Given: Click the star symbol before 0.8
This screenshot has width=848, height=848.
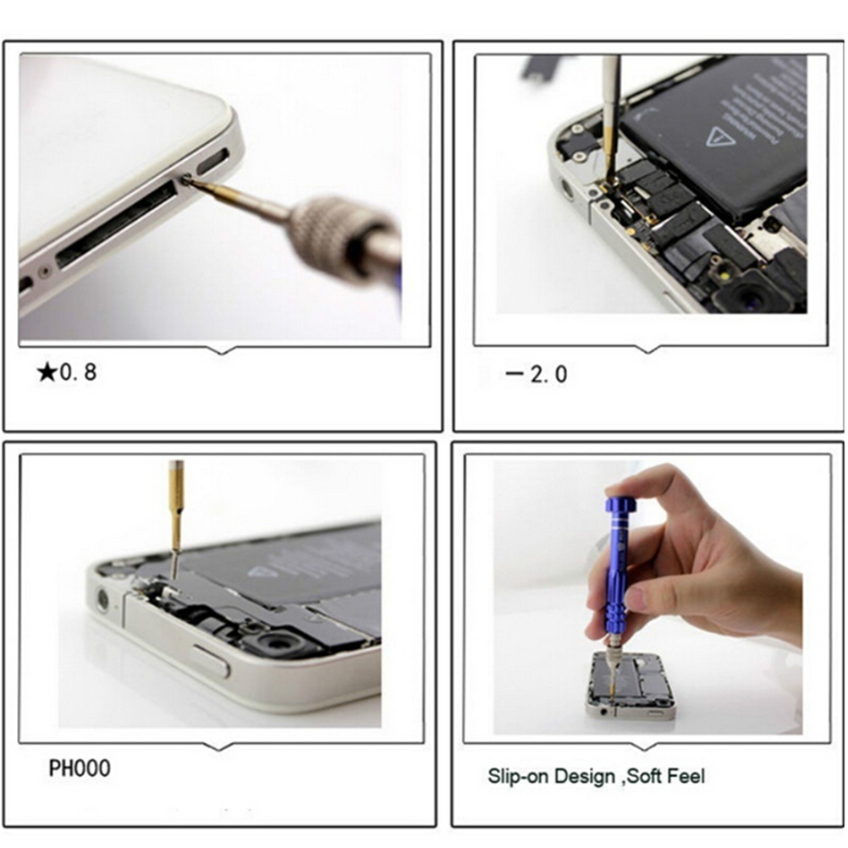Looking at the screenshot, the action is pyautogui.click(x=47, y=372).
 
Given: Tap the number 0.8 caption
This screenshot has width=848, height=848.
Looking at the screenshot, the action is pyautogui.click(x=79, y=372).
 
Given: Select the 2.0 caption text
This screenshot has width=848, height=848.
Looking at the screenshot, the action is pyautogui.click(x=548, y=374).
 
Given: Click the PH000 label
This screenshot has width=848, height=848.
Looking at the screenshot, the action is pyautogui.click(x=80, y=768).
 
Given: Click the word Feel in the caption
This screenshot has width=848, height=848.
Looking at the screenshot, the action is pyautogui.click(x=686, y=776).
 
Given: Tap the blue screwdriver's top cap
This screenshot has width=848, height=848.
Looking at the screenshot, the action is pyautogui.click(x=619, y=506).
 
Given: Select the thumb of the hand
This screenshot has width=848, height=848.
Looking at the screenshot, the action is pyautogui.click(x=622, y=597).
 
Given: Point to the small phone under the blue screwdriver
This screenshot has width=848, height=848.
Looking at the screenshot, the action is pyautogui.click(x=630, y=686).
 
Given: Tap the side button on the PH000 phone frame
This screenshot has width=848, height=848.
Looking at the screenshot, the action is pyautogui.click(x=211, y=661).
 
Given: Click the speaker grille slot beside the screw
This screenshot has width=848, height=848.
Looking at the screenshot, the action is pyautogui.click(x=213, y=162).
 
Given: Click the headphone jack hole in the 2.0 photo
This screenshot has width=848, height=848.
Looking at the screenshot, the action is pyautogui.click(x=567, y=190).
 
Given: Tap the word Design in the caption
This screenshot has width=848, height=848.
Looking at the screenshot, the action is pyautogui.click(x=585, y=776).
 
